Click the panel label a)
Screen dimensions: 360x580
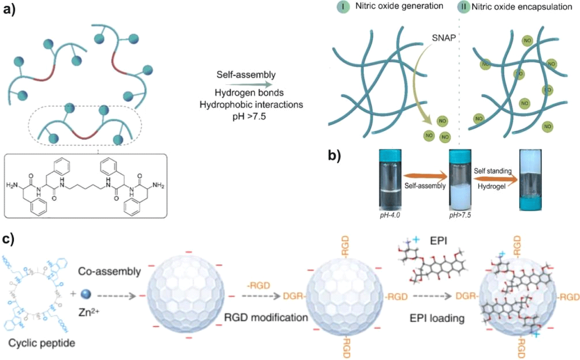(9, 10)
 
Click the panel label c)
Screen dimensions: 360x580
(8, 239)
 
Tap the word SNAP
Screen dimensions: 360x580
(444, 38)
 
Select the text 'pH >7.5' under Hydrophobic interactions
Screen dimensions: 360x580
(249, 116)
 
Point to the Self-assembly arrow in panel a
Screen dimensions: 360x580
(249, 85)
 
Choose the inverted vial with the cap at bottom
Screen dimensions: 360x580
(530, 180)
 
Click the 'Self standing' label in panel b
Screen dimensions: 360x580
(493, 171)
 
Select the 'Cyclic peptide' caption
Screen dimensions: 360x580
(42, 343)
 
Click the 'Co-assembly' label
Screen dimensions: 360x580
(109, 271)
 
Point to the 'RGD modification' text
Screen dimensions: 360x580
(266, 317)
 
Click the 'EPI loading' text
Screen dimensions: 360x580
(437, 318)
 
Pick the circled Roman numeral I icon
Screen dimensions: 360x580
(343, 7)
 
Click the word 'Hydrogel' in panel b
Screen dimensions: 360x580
(492, 186)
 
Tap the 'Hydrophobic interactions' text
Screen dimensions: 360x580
(251, 105)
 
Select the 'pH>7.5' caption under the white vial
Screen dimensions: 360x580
(460, 215)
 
